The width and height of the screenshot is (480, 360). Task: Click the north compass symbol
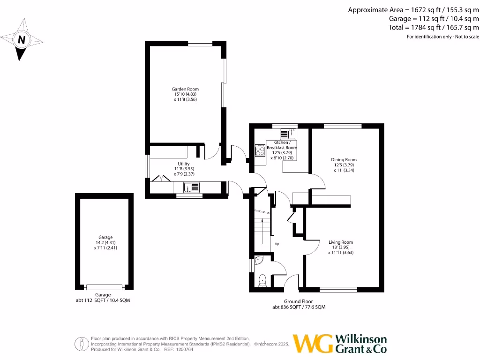coord(21,40)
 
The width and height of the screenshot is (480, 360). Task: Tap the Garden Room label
coord(185,89)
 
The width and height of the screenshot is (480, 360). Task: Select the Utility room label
coord(183,164)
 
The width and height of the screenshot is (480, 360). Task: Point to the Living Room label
coord(340,242)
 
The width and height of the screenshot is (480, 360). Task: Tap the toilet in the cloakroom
coord(262,280)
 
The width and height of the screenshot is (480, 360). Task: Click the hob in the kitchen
coord(260,150)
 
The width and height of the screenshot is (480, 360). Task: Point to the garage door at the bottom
coord(104,287)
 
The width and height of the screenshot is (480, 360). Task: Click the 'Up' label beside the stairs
coord(277,244)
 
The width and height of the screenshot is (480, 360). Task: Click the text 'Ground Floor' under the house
coord(298,301)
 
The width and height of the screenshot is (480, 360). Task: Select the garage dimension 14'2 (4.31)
coord(105,242)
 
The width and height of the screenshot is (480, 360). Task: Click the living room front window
coord(338,289)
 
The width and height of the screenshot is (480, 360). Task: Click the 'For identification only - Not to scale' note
coord(442,37)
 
